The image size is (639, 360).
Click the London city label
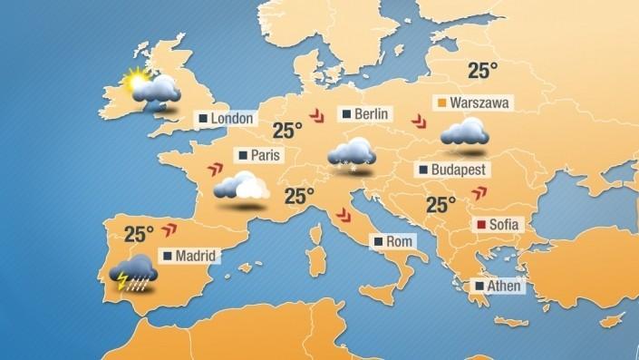(228, 119)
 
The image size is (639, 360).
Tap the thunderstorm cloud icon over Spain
(133, 273)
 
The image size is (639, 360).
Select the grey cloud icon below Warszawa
(465, 134)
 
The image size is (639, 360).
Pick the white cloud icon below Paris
(241, 187)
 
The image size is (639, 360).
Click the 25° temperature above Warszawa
(483, 70)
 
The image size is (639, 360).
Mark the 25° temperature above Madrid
(140, 234)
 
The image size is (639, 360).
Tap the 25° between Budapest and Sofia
(441, 205)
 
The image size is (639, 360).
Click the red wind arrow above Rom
(344, 215)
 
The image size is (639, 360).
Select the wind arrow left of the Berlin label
(316, 115)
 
